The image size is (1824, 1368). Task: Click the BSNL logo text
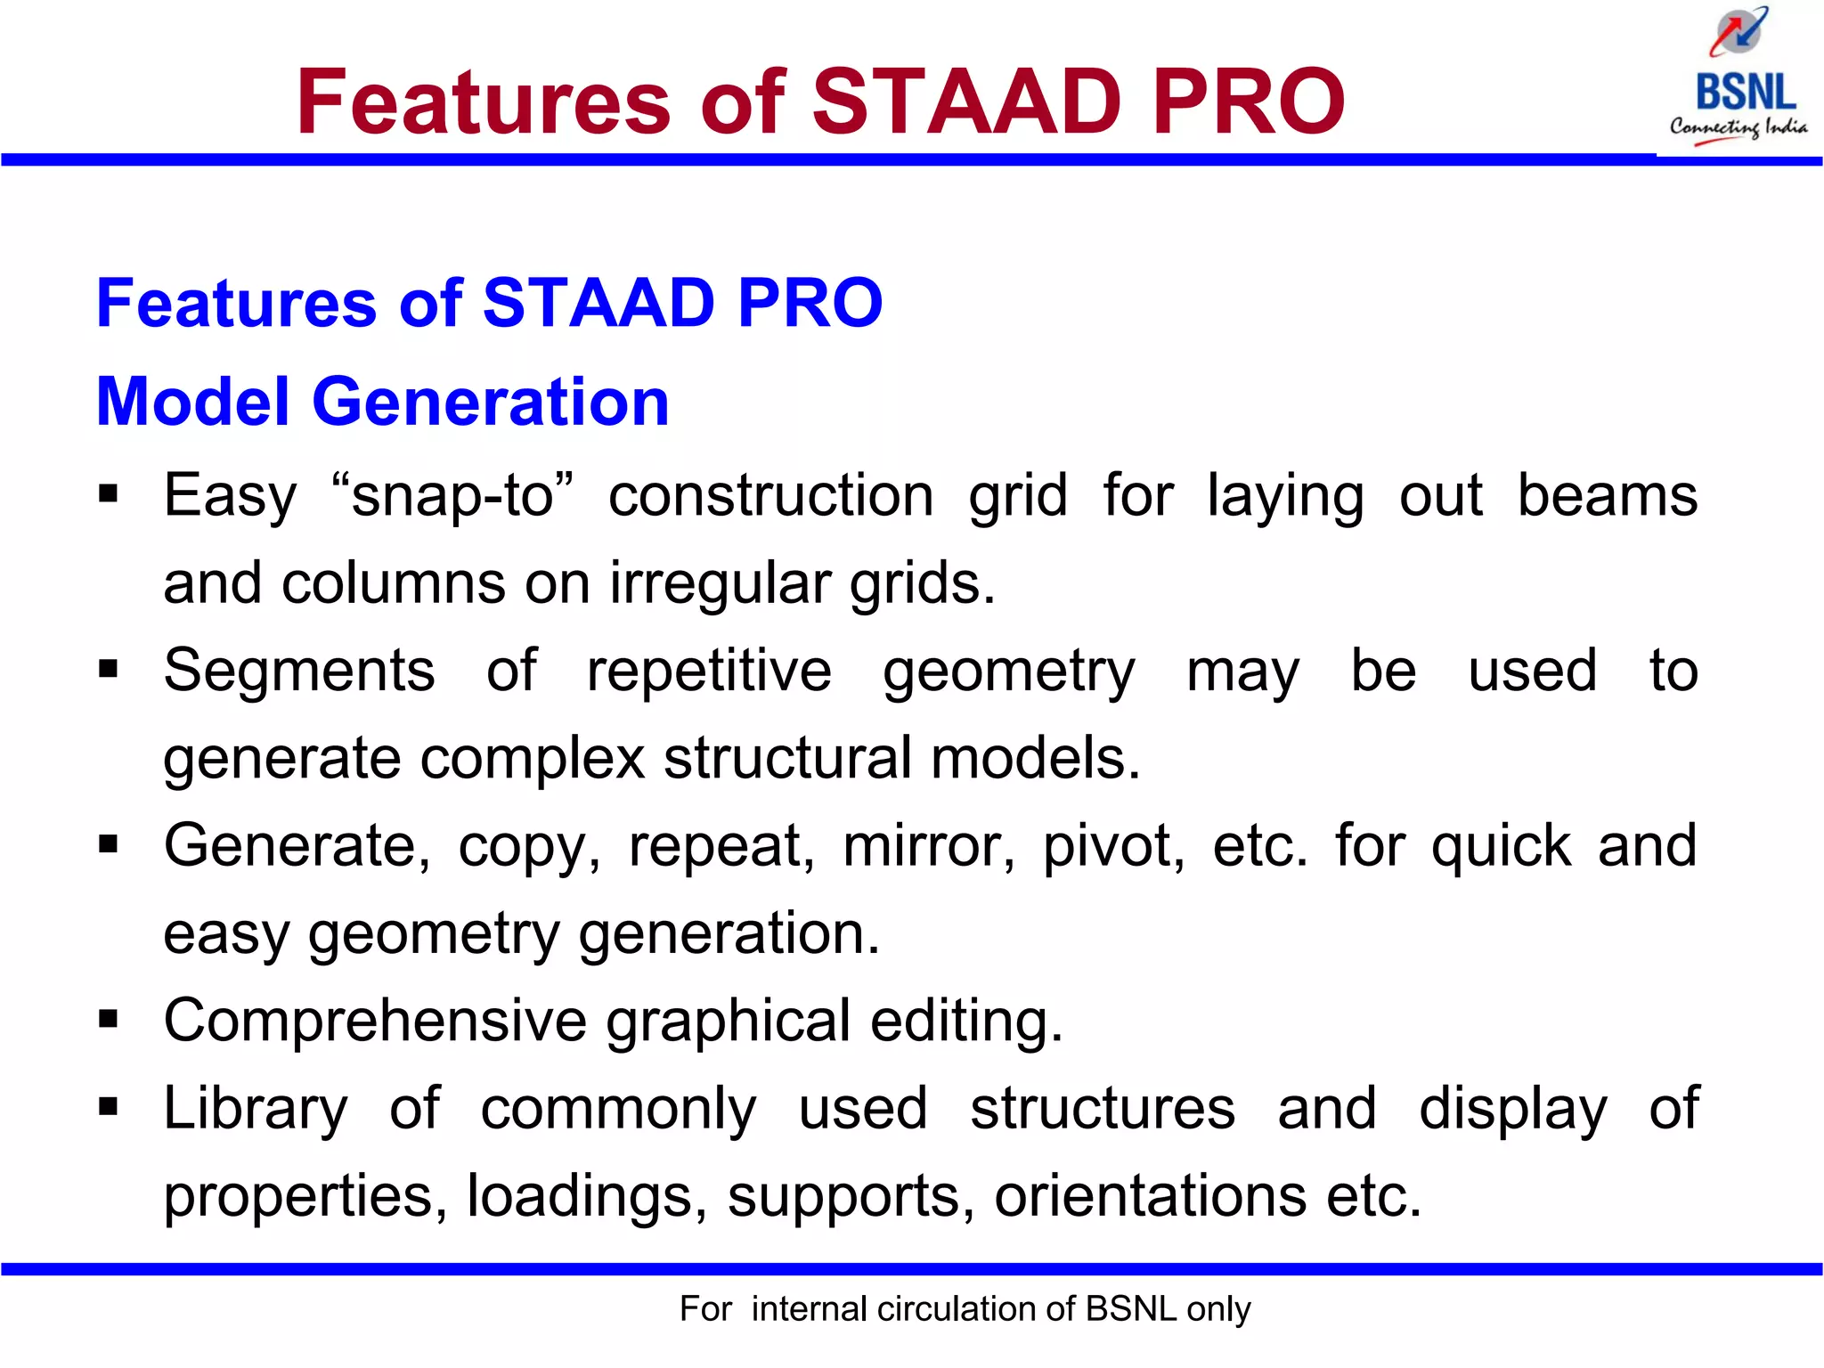pyautogui.click(x=1745, y=92)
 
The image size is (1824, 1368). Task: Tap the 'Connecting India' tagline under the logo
pyautogui.click(x=1738, y=127)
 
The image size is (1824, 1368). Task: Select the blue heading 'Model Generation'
pyautogui.click(x=382, y=402)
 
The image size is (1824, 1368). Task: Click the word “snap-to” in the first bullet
pyautogui.click(x=452, y=495)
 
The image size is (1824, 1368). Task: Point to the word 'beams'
pyautogui.click(x=1607, y=495)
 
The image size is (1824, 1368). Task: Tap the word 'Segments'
pyautogui.click(x=299, y=670)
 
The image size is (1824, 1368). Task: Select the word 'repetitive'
pyautogui.click(x=709, y=670)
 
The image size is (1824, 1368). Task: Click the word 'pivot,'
pyautogui.click(x=1113, y=845)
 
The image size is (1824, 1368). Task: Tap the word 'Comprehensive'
pyautogui.click(x=375, y=1021)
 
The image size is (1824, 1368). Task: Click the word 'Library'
pyautogui.click(x=256, y=1109)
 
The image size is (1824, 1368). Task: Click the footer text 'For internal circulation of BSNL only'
pyautogui.click(x=965, y=1309)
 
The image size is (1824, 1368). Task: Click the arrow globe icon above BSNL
pyautogui.click(x=1738, y=32)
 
